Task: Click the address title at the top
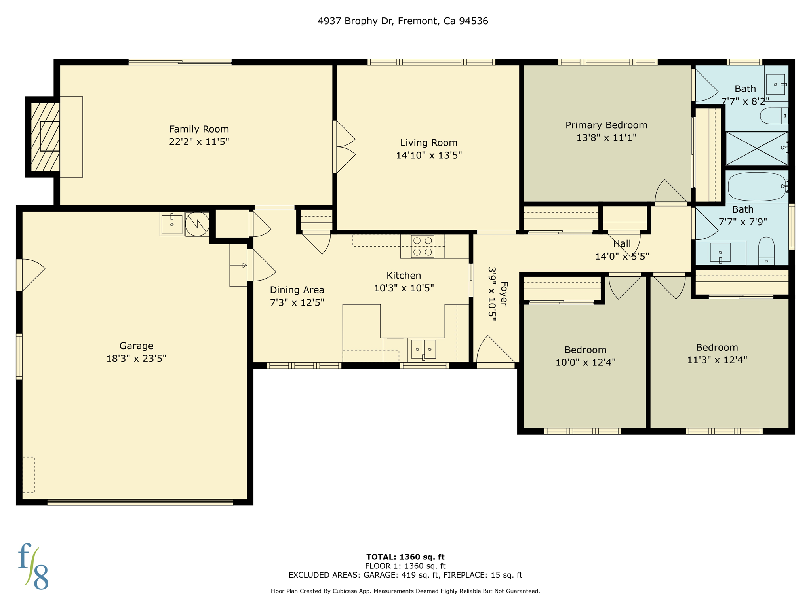[403, 21]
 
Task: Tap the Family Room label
[199, 129]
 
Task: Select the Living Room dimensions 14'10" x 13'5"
[429, 155]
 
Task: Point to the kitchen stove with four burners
[423, 246]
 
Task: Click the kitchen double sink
[423, 349]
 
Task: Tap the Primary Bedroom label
[606, 125]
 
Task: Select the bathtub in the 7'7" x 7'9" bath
[756, 186]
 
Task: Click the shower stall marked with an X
[756, 149]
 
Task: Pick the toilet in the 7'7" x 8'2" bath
[773, 116]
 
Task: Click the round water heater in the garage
[197, 224]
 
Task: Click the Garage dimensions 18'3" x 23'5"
[136, 359]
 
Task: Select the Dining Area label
[297, 290]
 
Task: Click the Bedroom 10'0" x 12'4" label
[585, 350]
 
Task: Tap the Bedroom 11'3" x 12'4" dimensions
[717, 360]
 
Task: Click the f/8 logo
[33, 566]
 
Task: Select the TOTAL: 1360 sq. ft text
[405, 557]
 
